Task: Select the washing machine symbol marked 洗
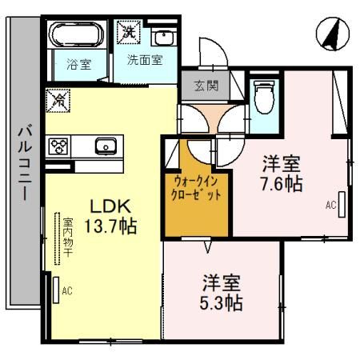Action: [x=128, y=33]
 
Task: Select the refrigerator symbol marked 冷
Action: [x=58, y=100]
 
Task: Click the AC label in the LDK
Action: [x=67, y=290]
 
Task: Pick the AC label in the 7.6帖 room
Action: [x=330, y=205]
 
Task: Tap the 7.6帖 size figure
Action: [x=281, y=185]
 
